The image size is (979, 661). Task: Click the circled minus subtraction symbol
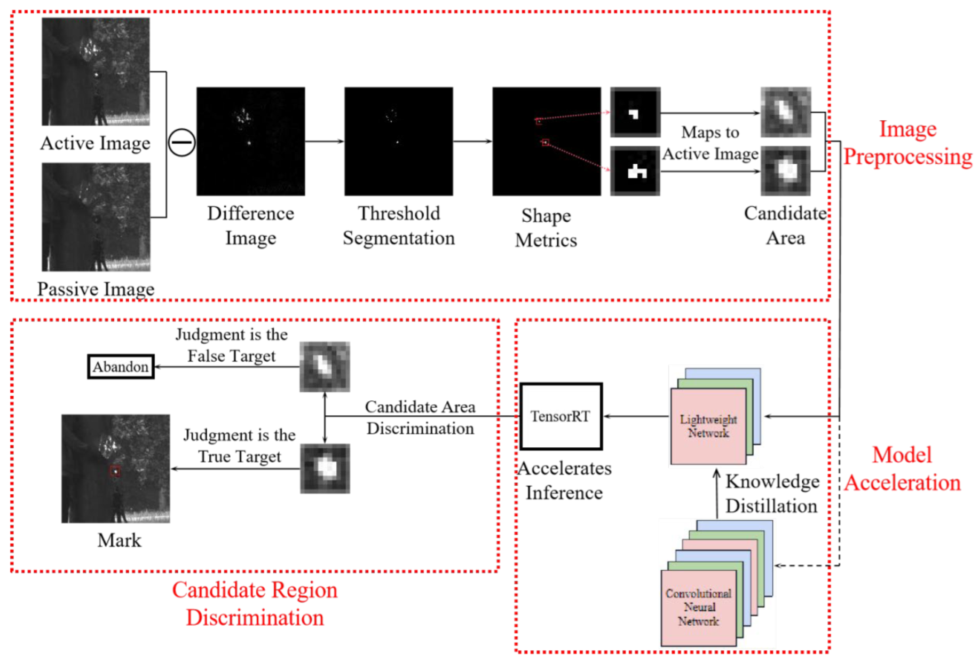181,143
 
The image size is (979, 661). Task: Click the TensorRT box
560,416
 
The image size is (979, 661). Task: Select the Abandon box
121,367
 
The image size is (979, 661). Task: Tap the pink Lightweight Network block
708,426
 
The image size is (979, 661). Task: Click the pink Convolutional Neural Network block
698,608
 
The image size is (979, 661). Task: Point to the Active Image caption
95,143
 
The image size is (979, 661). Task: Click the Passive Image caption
96,289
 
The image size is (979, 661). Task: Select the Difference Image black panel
250,142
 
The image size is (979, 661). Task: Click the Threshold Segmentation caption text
399,225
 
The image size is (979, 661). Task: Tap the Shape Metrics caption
546,228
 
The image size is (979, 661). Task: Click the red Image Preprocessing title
907,143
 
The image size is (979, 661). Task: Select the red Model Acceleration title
902,469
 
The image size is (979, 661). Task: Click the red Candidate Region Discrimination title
255,604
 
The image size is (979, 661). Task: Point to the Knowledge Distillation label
771,494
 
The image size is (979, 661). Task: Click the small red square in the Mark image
115,471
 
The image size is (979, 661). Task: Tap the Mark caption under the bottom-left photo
119,540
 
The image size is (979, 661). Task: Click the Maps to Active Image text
710,143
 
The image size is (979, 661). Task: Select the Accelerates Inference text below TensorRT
564,480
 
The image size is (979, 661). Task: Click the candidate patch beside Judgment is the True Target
325,469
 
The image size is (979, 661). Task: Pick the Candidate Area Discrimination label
420,418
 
